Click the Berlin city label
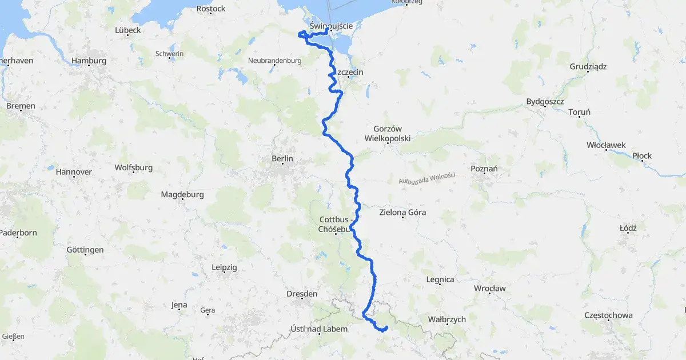(282, 158)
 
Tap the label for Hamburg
(89, 61)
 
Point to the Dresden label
(302, 294)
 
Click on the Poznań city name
(484, 169)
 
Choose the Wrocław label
(490, 289)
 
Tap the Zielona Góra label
(402, 213)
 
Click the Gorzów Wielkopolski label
(388, 134)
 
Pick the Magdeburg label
(182, 194)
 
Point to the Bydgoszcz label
(545, 102)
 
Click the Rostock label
(211, 9)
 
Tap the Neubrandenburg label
(275, 60)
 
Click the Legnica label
(440, 279)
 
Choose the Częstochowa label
(608, 315)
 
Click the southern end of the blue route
(387, 327)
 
